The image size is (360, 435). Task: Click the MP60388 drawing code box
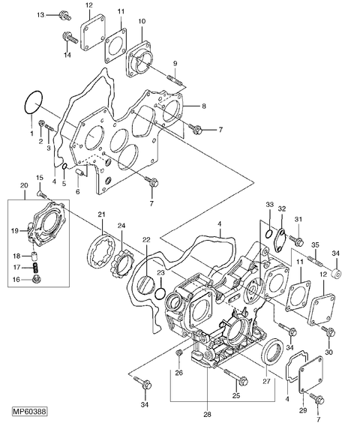(30, 411)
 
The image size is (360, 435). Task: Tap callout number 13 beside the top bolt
(40, 15)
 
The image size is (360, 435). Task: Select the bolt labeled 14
(70, 37)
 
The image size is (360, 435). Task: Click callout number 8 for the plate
(204, 106)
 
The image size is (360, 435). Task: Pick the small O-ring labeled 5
(64, 166)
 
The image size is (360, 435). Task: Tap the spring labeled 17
(35, 268)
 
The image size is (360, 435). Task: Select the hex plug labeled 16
(36, 280)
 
